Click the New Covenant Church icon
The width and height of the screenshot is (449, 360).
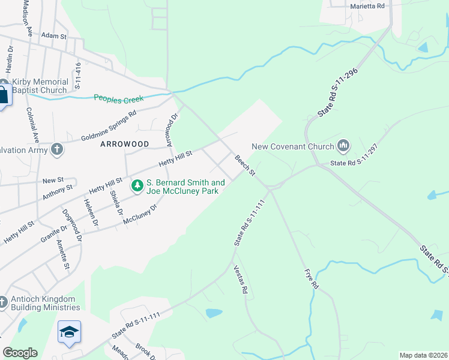tap(343, 145)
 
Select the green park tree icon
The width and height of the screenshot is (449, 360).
tap(137, 187)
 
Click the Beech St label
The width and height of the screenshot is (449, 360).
tap(245, 166)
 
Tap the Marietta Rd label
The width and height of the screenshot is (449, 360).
tap(367, 5)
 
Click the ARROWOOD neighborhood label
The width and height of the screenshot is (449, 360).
tap(124, 145)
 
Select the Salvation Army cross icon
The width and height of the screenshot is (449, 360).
tap(57, 149)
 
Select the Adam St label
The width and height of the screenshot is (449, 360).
tap(54, 36)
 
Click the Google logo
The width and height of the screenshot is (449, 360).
tap(20, 353)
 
